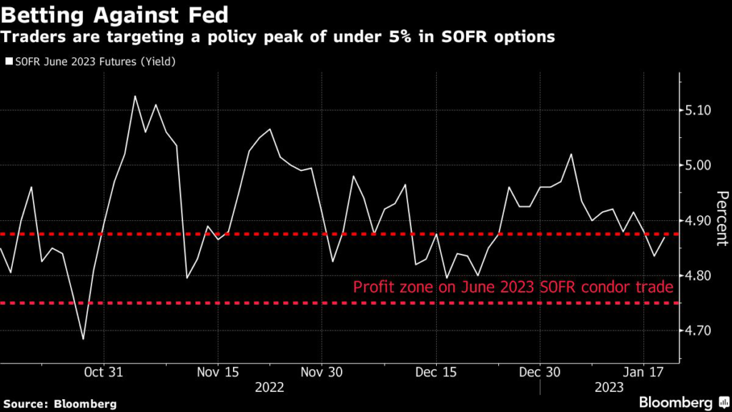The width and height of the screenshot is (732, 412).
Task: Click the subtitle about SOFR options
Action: point(279,36)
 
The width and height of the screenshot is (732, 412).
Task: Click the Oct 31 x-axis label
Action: point(104,373)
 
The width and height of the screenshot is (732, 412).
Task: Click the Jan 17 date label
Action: point(644,373)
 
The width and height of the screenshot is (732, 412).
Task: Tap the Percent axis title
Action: point(721,219)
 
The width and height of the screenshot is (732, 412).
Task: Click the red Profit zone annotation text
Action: point(513,288)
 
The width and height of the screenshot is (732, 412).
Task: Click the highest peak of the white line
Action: point(135,96)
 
